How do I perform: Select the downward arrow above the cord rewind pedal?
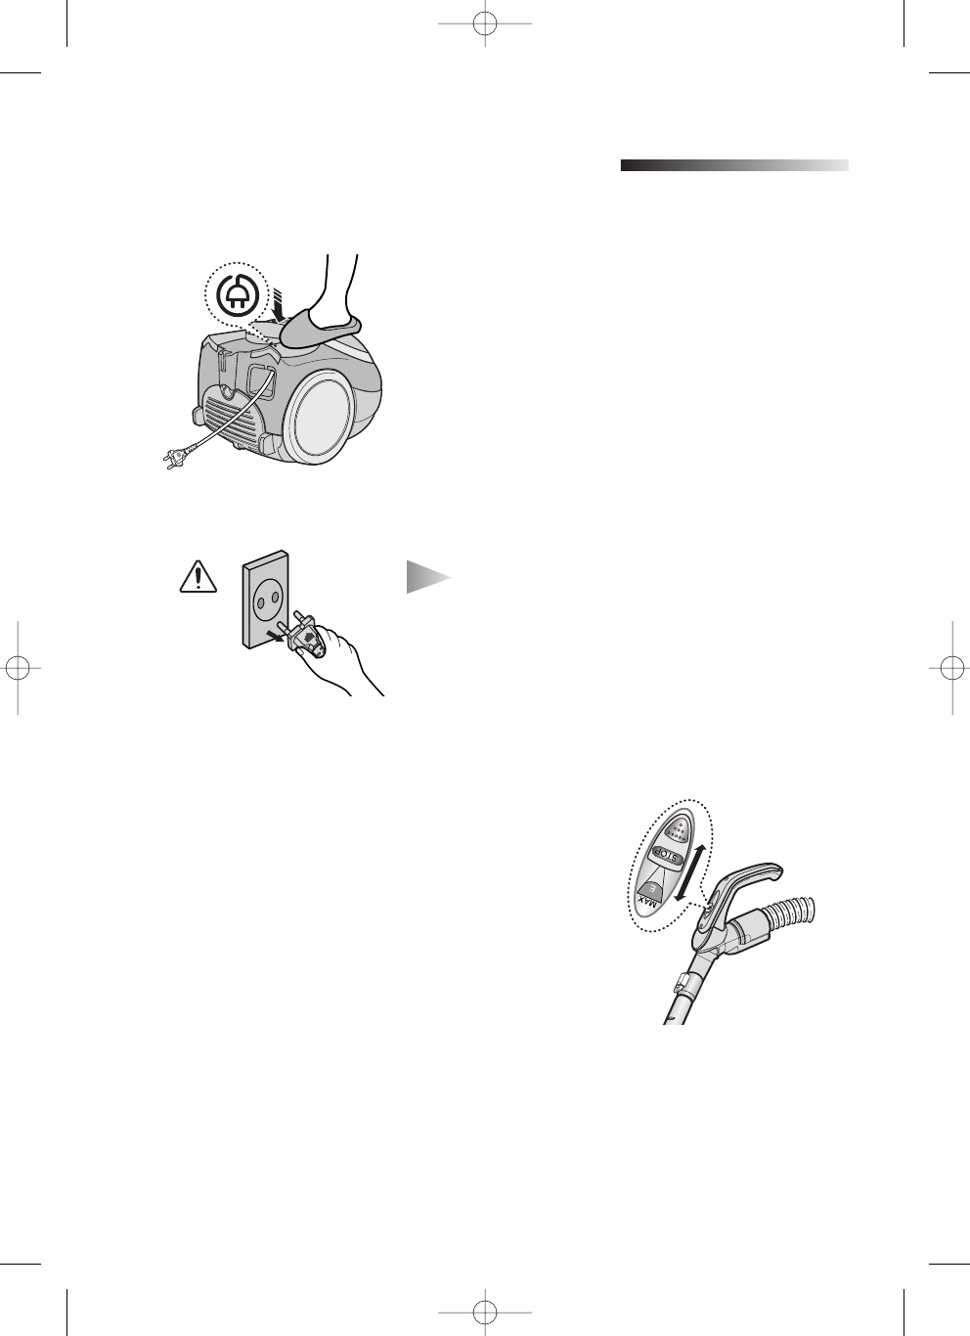click(279, 303)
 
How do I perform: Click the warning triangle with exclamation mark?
click(198, 578)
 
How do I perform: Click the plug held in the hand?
click(304, 639)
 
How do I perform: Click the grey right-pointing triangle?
click(427, 578)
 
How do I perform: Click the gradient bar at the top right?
click(733, 165)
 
